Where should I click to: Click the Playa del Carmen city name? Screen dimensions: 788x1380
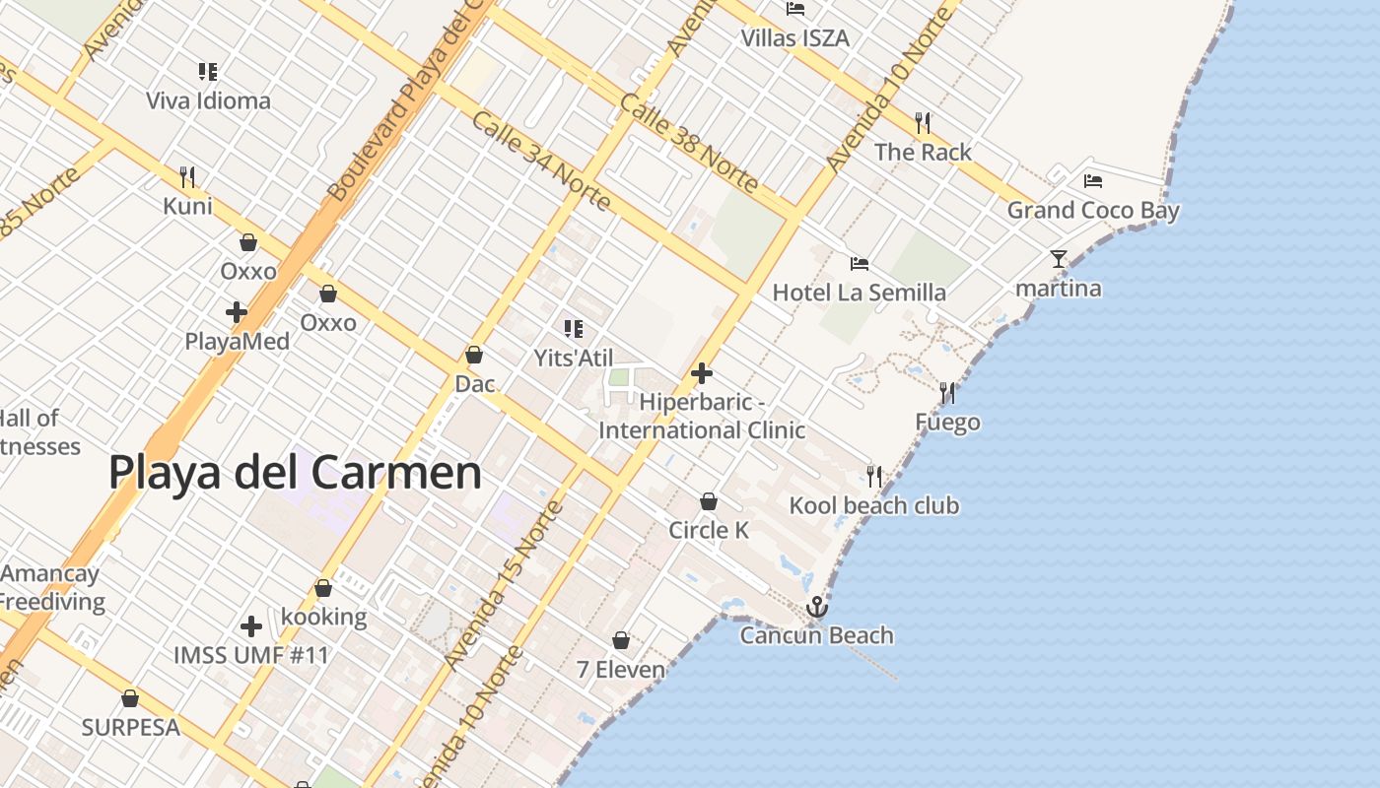tap(295, 473)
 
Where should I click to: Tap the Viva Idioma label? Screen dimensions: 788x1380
tap(208, 100)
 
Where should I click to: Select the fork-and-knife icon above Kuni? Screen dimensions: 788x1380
tap(187, 177)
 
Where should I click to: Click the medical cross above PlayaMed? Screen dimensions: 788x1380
tap(237, 312)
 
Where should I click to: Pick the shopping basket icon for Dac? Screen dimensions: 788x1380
tap(474, 355)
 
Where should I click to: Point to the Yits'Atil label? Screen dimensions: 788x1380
tap(573, 358)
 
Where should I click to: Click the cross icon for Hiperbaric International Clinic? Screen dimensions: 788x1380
tap(702, 373)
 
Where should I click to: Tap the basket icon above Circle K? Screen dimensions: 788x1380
tap(708, 501)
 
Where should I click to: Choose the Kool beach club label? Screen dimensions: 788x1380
tap(873, 505)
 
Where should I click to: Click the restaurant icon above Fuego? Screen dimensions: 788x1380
tap(947, 393)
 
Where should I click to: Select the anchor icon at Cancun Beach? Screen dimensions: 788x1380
tap(816, 607)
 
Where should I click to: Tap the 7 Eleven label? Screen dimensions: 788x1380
tap(621, 670)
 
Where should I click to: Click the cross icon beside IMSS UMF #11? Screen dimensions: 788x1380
tap(251, 625)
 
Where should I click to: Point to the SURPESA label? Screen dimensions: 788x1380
tap(130, 727)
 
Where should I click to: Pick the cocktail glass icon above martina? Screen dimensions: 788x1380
tap(1059, 259)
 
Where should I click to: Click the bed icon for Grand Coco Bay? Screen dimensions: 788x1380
tap(1092, 180)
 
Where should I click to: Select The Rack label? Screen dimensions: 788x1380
tap(923, 152)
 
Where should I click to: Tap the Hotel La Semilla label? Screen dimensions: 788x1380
tap(859, 292)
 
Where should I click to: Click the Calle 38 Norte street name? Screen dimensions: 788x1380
tap(689, 144)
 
